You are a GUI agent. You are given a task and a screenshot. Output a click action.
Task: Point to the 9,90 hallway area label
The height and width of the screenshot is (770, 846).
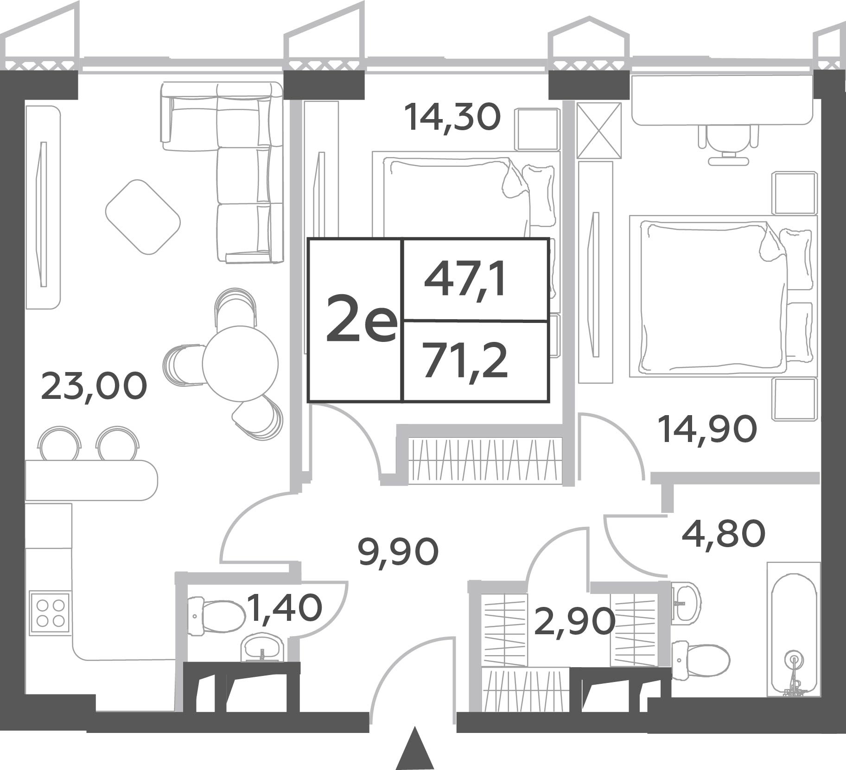point(399,552)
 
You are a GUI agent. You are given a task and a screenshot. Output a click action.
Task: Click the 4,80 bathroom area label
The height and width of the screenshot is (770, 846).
point(724,533)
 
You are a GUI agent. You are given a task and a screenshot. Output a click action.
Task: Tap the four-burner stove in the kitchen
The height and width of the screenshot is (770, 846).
point(50,612)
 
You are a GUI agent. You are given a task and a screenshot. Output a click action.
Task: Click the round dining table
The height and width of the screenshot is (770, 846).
point(240,363)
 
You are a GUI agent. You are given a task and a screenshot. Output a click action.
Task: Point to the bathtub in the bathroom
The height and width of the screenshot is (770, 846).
point(793,629)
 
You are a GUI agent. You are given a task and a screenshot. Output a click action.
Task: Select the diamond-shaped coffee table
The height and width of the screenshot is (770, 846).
point(143,217)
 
